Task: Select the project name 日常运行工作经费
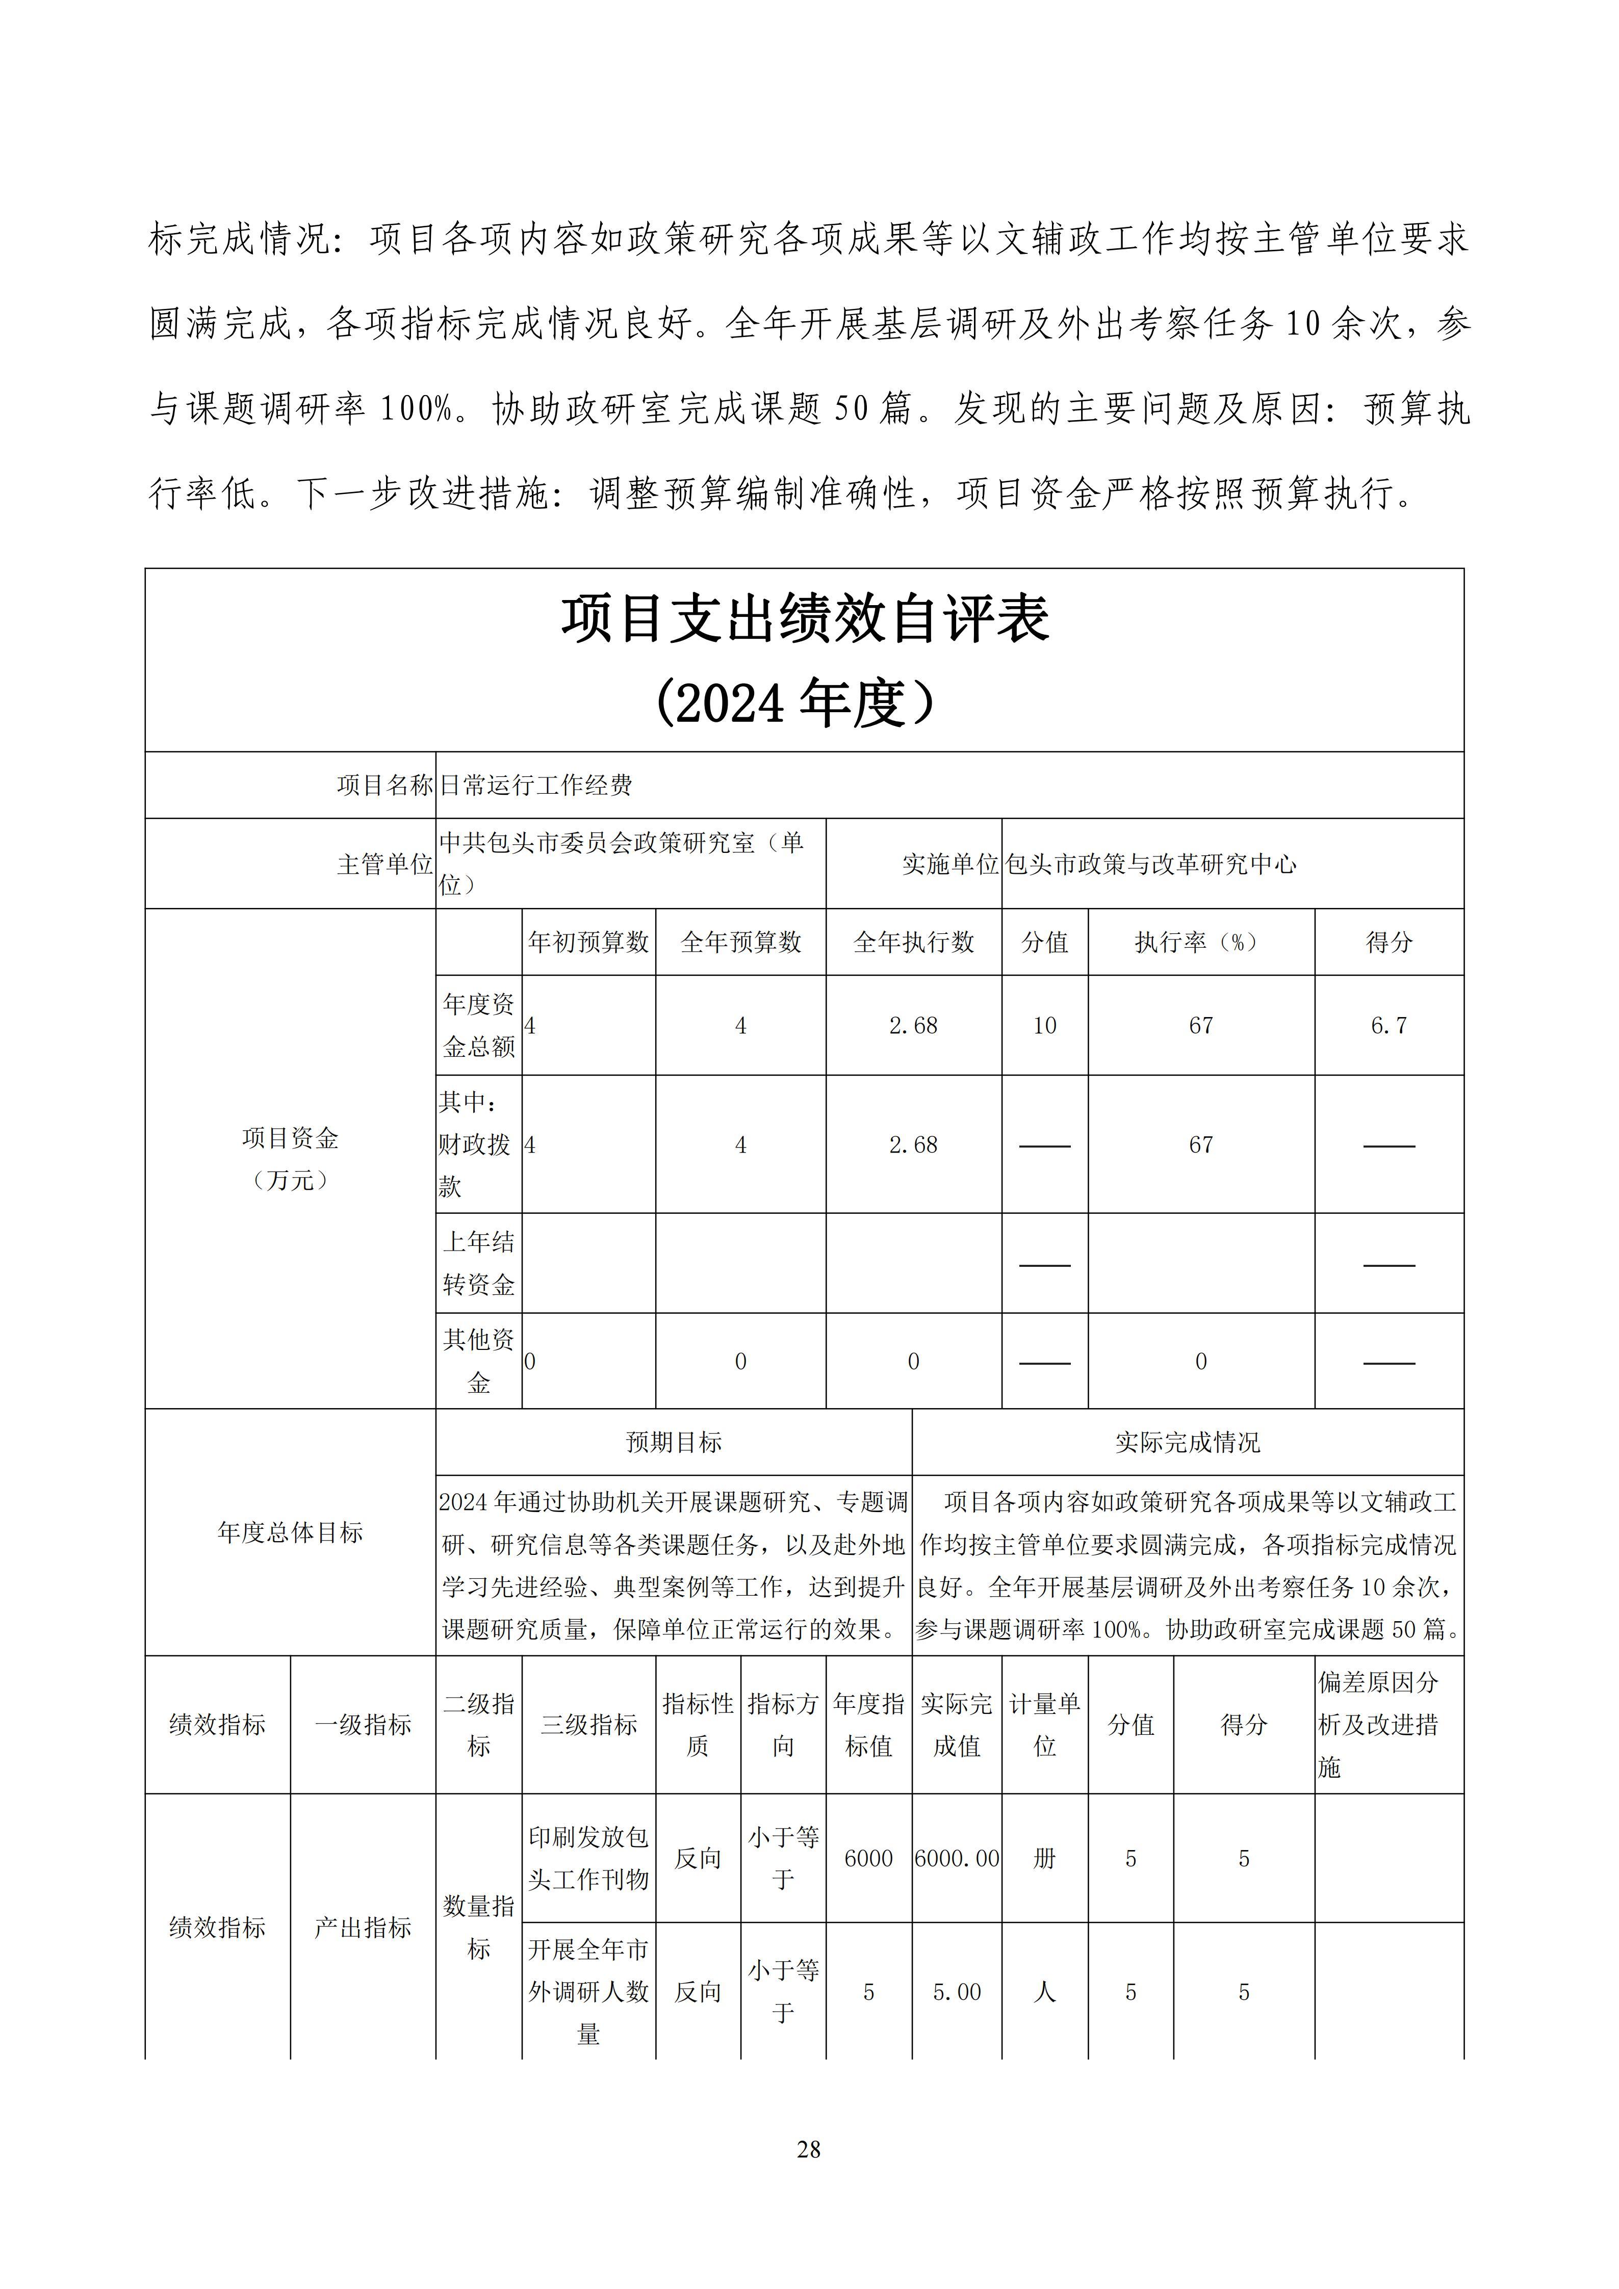tap(536, 786)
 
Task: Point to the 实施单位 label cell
tap(949, 864)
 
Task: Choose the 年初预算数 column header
tap(588, 942)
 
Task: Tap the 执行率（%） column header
tap(1200, 942)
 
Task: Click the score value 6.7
tap(1389, 1026)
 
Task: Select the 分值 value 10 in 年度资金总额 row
tap(1044, 1026)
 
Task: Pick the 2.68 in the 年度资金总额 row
tap(913, 1026)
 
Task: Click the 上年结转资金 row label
tap(478, 1263)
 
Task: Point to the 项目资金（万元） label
tap(290, 1158)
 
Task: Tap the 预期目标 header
tap(674, 1443)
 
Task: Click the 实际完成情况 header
tap(1187, 1443)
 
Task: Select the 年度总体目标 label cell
tap(290, 1532)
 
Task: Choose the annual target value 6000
tap(868, 1858)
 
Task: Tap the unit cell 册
tap(1044, 1858)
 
